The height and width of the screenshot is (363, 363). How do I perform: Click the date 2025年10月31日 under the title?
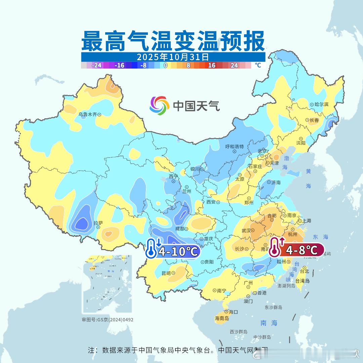173,56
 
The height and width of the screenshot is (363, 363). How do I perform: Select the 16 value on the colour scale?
211,65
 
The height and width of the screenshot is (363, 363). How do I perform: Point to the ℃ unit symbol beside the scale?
258,65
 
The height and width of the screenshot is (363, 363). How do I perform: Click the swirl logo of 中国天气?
159,105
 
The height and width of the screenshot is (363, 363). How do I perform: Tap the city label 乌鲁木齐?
87,115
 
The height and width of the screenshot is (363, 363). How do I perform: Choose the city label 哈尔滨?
321,105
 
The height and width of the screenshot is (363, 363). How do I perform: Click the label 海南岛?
222,318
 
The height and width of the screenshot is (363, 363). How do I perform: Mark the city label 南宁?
221,291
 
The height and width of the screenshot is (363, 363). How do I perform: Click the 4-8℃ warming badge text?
301,250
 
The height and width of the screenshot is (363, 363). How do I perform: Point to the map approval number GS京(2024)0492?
108,320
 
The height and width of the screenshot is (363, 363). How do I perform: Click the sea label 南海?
269,323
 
